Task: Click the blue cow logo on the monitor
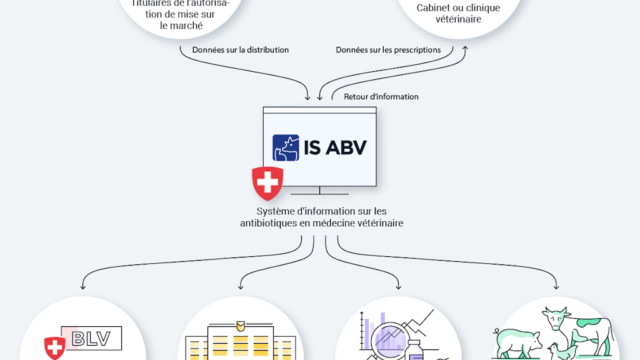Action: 286,147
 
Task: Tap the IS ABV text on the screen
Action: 335,147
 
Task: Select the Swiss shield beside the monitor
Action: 267,183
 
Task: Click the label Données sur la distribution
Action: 241,50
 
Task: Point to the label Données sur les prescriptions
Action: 388,50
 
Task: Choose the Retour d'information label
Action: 381,97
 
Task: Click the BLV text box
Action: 91,339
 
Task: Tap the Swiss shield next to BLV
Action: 55,348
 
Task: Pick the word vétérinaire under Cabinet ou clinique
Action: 459,19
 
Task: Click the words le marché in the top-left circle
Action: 181,26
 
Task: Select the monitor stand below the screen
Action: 320,191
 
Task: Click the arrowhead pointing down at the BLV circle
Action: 82,287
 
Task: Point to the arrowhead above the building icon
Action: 240,287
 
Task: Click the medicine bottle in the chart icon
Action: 415,351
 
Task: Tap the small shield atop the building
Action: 240,326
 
